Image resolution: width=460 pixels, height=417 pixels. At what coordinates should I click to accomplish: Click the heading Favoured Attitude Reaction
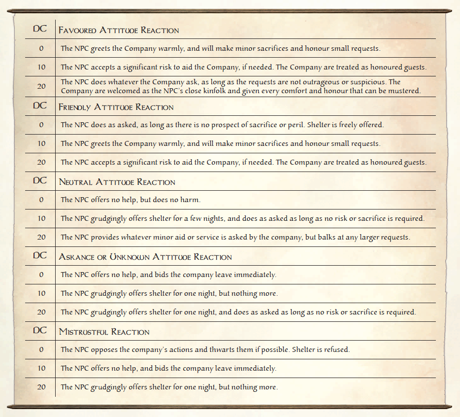(x=119, y=30)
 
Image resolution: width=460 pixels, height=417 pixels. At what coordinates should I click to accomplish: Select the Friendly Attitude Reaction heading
(x=116, y=107)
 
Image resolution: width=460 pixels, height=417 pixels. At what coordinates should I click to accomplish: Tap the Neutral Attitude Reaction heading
(x=117, y=182)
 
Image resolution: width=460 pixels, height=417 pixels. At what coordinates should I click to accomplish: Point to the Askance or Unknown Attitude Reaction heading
(x=145, y=257)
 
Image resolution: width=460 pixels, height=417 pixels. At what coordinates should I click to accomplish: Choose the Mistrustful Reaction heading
(x=104, y=332)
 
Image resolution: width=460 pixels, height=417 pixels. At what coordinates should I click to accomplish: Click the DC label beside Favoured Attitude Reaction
(x=40, y=29)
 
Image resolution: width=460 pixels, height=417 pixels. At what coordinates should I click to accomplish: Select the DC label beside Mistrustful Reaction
(x=40, y=330)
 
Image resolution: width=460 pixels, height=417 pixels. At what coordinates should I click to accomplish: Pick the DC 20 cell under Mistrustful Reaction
(x=41, y=387)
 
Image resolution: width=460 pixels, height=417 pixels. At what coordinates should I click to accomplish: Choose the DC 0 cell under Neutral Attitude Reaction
(x=41, y=200)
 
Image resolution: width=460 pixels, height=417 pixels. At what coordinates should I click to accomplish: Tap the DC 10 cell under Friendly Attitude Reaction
(x=41, y=143)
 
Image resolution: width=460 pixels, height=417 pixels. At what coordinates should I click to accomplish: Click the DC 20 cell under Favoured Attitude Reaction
(x=41, y=86)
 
